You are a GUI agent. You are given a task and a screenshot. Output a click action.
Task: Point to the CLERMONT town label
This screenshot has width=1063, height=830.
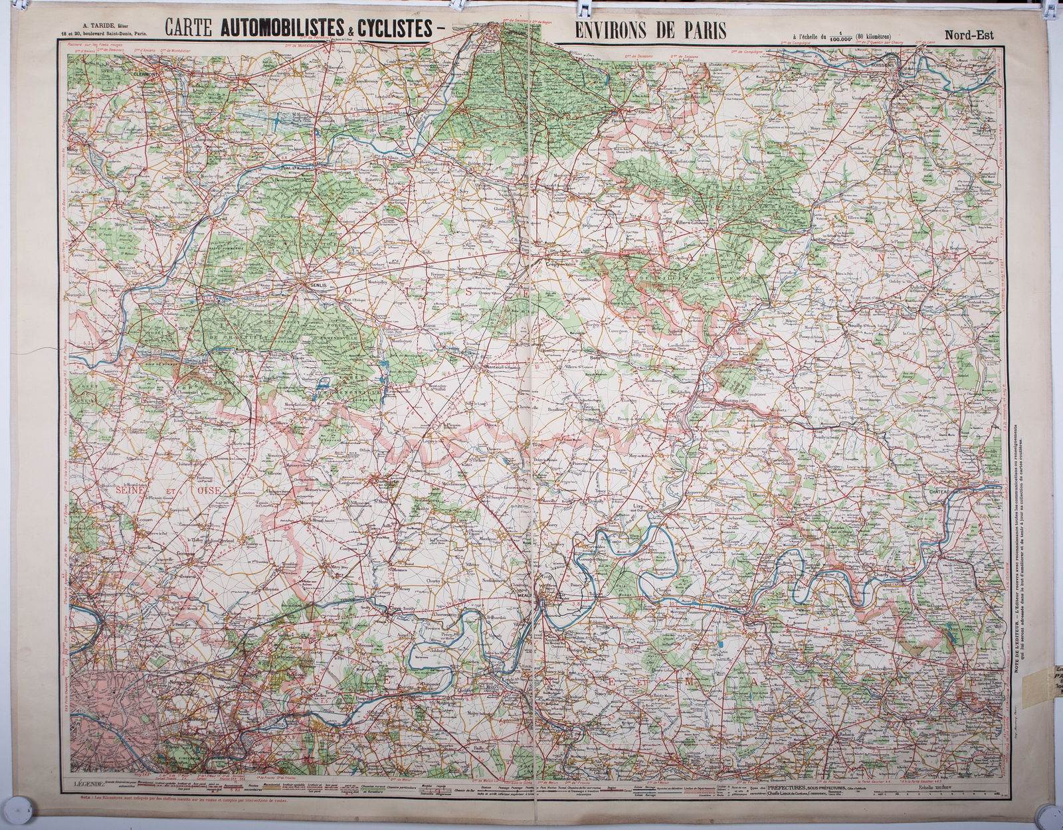(x=148, y=74)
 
